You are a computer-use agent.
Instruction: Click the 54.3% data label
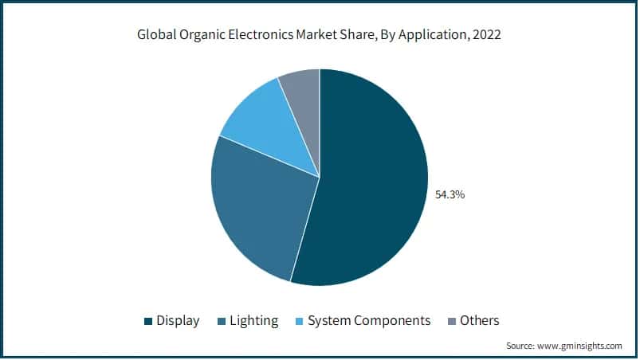(x=449, y=194)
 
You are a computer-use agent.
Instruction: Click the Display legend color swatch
(x=147, y=322)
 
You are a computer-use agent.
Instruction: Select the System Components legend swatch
(x=298, y=322)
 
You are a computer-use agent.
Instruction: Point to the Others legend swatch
(x=451, y=322)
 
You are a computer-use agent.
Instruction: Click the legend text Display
(x=179, y=321)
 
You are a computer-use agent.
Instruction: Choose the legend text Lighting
(x=253, y=321)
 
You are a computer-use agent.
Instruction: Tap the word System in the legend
(x=330, y=321)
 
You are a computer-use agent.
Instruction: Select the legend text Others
(x=480, y=321)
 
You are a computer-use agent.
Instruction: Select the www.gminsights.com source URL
(x=580, y=346)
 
